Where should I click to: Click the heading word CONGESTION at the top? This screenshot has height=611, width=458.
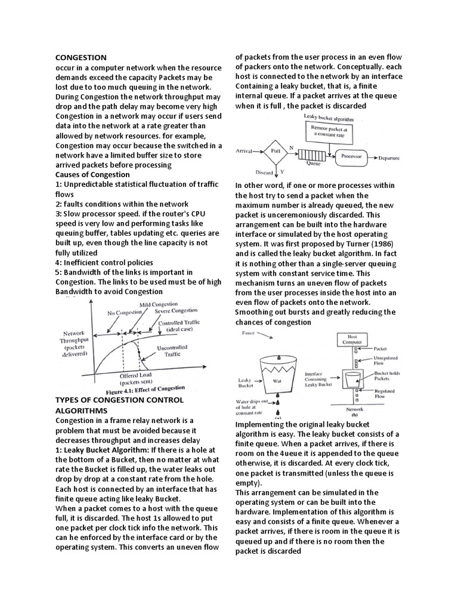[81, 57]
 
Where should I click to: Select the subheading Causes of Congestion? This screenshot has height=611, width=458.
[92, 174]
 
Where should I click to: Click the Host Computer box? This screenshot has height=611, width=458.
[355, 340]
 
